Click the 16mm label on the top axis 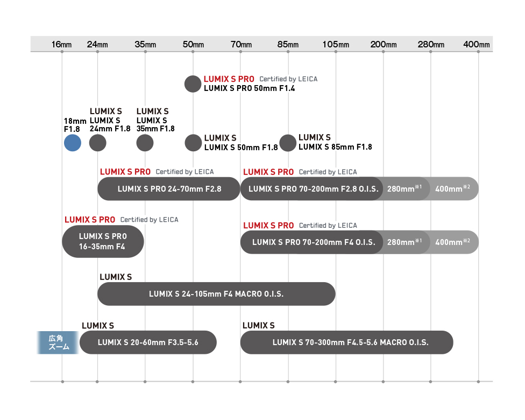(x=62, y=44)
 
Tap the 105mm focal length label (x=336, y=44)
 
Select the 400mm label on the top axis (x=476, y=44)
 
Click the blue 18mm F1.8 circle (x=73, y=143)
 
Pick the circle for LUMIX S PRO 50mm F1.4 (x=193, y=84)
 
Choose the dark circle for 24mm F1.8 (x=98, y=143)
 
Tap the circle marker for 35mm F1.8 (x=145, y=143)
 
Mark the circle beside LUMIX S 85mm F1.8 (x=288, y=143)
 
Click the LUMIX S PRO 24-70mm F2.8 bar (x=169, y=188)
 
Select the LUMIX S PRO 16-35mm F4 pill (x=103, y=241)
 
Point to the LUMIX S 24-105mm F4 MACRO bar (x=216, y=293)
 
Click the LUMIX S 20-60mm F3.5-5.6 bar (x=148, y=342)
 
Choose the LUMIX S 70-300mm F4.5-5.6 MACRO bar (x=346, y=342)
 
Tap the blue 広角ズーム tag (x=58, y=342)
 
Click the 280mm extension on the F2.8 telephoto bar (x=405, y=188)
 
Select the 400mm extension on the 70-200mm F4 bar (x=453, y=242)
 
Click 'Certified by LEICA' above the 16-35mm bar (x=150, y=220)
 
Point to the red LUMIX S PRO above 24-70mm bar (x=125, y=172)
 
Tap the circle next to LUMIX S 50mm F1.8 (x=193, y=143)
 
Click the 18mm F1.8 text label (x=75, y=125)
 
